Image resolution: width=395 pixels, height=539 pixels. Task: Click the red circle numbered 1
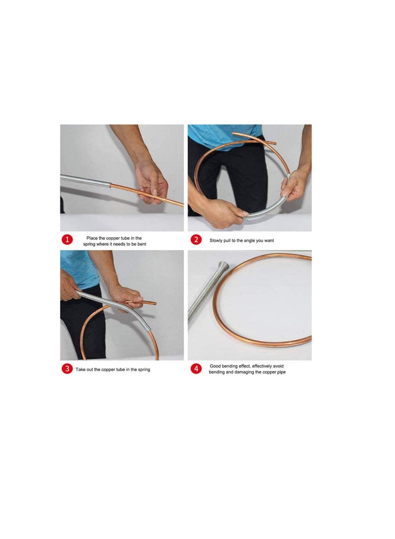68,240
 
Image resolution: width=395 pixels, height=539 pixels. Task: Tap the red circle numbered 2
196,240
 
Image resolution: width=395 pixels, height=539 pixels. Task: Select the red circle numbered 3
68,369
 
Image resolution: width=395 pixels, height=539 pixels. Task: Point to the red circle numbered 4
196,369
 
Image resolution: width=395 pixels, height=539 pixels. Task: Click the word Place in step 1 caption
92,238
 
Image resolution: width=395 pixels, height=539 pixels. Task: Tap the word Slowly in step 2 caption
217,240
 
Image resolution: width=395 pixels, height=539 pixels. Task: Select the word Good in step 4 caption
216,366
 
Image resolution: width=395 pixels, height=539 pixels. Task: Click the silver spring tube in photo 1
84,180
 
